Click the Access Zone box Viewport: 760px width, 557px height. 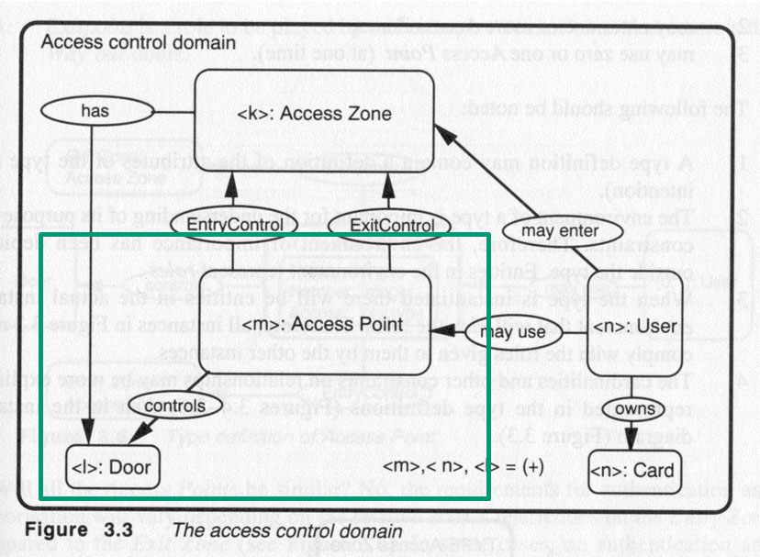(x=314, y=115)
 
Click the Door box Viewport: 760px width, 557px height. (x=109, y=467)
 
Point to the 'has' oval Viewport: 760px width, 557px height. (x=95, y=111)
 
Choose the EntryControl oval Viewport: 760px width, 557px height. (x=233, y=224)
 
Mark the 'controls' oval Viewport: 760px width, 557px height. (x=162, y=404)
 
